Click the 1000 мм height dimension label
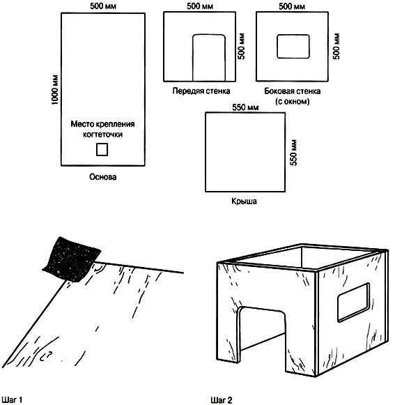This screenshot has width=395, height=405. click(55, 90)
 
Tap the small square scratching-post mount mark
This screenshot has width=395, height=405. click(102, 150)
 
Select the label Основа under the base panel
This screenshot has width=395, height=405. click(102, 177)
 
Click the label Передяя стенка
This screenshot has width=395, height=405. click(201, 91)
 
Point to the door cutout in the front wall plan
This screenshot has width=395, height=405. click(209, 58)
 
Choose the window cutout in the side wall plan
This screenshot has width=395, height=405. click(293, 46)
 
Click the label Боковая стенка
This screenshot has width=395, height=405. click(293, 91)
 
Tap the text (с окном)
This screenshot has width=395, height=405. click(293, 101)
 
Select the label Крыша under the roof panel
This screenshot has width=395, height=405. click(244, 201)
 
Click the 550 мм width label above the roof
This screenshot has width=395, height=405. click(245, 107)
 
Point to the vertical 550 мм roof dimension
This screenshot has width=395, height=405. click(293, 153)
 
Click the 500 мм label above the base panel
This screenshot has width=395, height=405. click(103, 6)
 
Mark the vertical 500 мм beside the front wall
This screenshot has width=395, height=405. click(241, 46)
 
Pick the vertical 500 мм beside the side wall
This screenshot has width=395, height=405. click(336, 46)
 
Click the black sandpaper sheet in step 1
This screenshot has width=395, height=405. click(72, 259)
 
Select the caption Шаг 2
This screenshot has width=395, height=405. click(222, 400)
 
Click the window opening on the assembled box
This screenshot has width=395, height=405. click(353, 303)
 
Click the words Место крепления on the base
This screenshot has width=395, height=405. click(102, 124)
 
